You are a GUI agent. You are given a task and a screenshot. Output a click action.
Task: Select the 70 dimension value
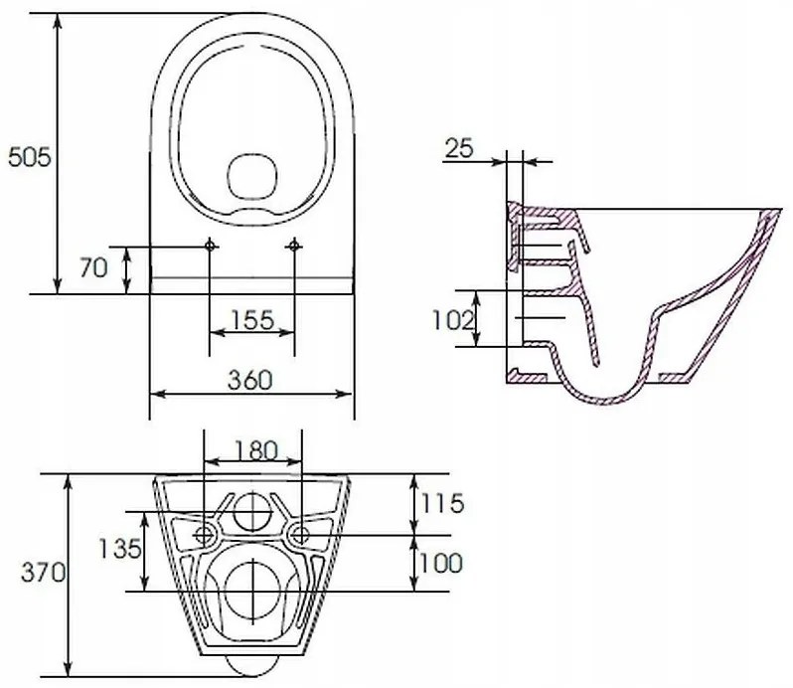[x=93, y=268]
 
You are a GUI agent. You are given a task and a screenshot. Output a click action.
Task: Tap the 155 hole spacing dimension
[x=253, y=320]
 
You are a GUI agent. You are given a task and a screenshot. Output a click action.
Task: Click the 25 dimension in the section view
[x=458, y=149]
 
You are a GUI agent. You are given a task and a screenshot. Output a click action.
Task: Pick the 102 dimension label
[x=453, y=319]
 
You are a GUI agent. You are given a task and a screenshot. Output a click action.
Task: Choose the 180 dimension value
[x=252, y=449]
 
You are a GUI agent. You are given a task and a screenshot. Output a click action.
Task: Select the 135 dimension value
[x=118, y=548]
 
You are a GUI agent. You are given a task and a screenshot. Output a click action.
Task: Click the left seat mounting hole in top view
[x=211, y=244]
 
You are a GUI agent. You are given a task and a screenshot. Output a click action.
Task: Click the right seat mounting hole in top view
[x=294, y=244]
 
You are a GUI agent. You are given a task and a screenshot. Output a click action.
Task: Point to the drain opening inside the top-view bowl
[x=252, y=176]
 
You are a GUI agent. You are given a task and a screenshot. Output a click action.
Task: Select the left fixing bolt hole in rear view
[x=206, y=535]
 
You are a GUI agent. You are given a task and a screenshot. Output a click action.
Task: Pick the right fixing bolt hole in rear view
[x=297, y=535]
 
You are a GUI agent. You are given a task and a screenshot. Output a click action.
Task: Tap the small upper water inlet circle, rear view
[x=253, y=511]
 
